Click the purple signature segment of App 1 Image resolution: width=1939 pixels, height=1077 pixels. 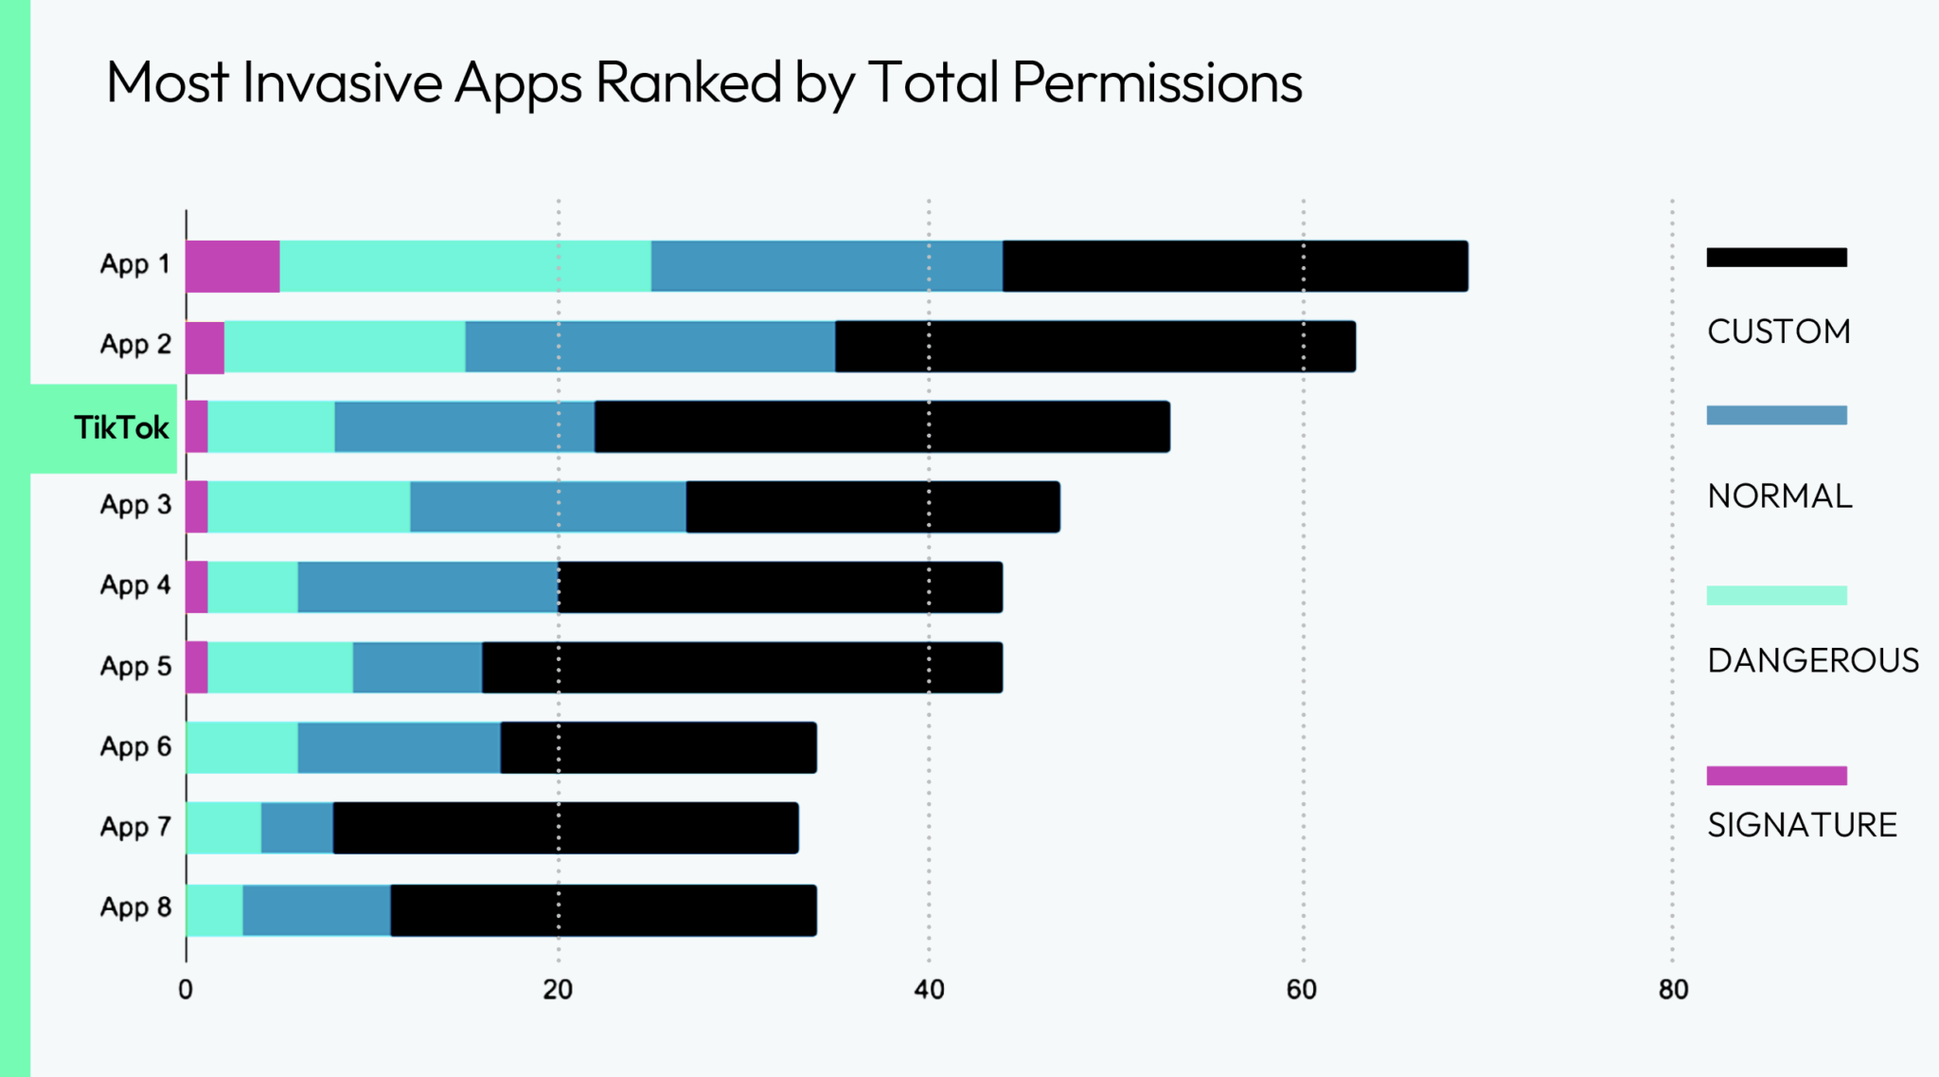pyautogui.click(x=233, y=266)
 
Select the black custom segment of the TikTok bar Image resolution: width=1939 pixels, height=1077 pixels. pyautogui.click(x=881, y=426)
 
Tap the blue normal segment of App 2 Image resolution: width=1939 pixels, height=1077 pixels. pyautogui.click(x=650, y=347)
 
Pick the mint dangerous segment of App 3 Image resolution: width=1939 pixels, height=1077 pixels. pyautogui.click(x=309, y=507)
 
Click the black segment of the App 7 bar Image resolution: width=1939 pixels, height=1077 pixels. pyautogui.click(x=565, y=828)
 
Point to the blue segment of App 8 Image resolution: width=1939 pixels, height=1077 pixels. pyautogui.click(x=316, y=910)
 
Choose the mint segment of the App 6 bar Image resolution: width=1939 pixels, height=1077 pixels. pyautogui.click(x=242, y=747)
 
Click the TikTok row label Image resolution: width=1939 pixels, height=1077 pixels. pyautogui.click(x=121, y=428)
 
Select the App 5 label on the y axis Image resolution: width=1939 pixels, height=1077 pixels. pyautogui.click(x=135, y=666)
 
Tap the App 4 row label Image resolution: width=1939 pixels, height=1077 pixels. pyautogui.click(x=135, y=585)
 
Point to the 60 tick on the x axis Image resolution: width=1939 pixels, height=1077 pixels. pyautogui.click(x=1302, y=990)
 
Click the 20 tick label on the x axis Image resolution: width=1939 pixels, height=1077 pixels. pyautogui.click(x=558, y=990)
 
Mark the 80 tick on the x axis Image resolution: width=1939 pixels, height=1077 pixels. pyautogui.click(x=1673, y=990)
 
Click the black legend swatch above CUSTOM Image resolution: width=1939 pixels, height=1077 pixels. pyautogui.click(x=1776, y=258)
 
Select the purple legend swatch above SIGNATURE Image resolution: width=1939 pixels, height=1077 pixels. pyautogui.click(x=1776, y=776)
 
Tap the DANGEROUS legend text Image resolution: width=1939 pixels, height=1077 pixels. pyautogui.click(x=1812, y=660)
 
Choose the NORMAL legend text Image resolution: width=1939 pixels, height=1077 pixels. pyautogui.click(x=1779, y=496)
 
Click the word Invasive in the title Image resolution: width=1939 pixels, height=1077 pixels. pyautogui.click(x=342, y=82)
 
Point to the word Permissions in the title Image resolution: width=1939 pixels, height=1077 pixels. pyautogui.click(x=1157, y=82)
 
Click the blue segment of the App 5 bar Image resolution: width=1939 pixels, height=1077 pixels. pyautogui.click(x=418, y=668)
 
